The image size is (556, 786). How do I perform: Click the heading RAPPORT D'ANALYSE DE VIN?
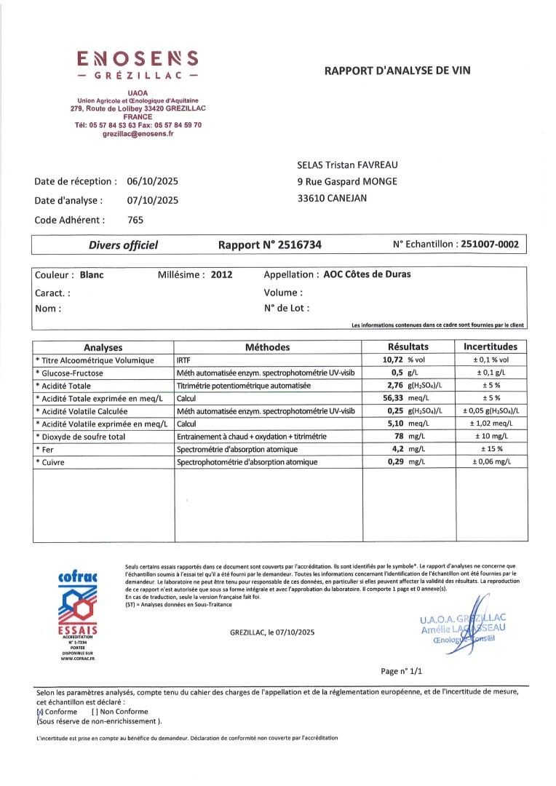point(397,70)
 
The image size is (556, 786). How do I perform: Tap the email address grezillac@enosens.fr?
point(138,133)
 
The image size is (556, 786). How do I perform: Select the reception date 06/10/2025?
point(152,181)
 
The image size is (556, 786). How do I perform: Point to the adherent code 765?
point(135,219)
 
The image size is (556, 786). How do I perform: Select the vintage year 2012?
point(222,275)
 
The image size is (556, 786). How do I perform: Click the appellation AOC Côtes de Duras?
point(367,275)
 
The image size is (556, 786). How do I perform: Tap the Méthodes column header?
point(267,347)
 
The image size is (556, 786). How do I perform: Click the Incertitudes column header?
point(490,347)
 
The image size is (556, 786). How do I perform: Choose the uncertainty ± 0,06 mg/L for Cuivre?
point(491,462)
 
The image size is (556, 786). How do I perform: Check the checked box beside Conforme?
point(39,712)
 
